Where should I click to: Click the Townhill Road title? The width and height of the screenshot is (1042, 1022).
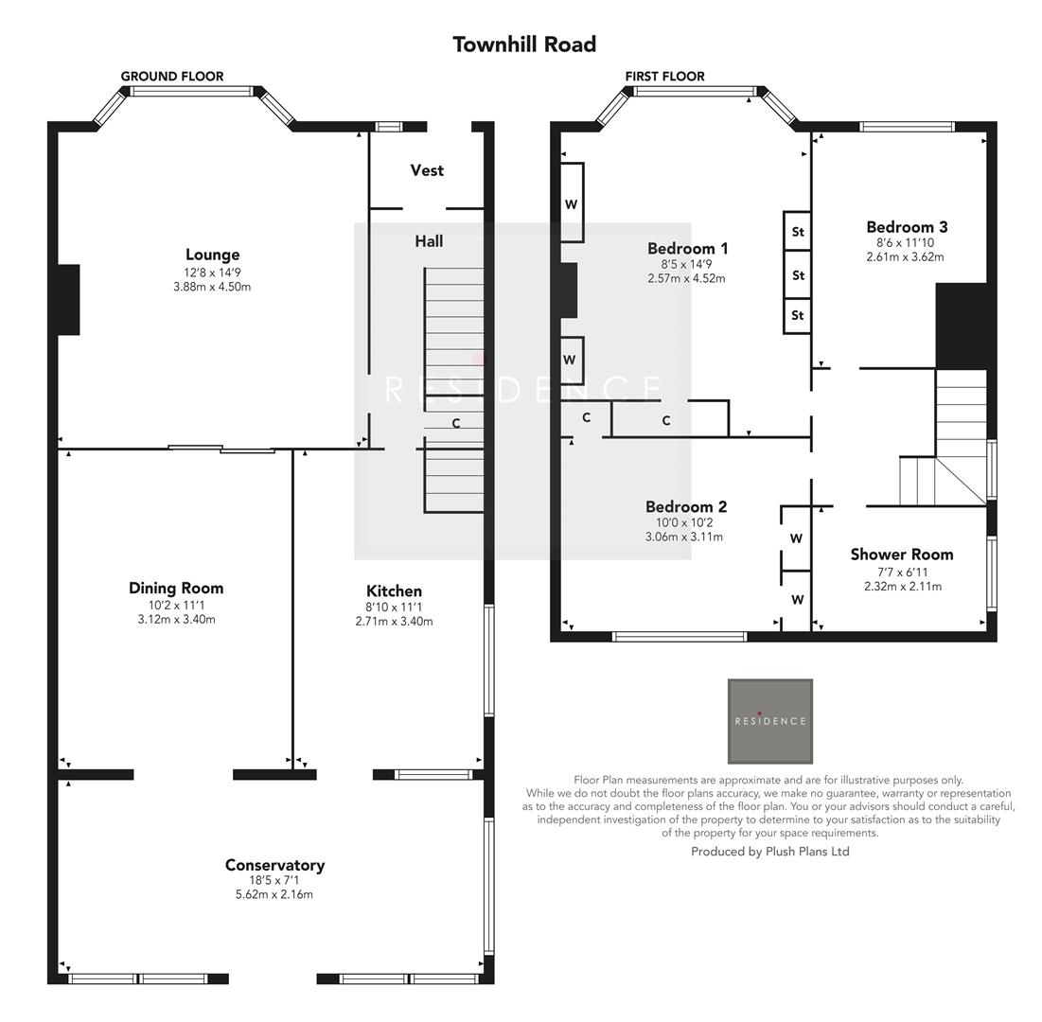tap(523, 44)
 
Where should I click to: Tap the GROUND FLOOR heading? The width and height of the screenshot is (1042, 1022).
tap(172, 77)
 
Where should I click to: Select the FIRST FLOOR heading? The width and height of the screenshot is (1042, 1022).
tap(664, 77)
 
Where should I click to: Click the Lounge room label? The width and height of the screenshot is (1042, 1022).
tap(212, 255)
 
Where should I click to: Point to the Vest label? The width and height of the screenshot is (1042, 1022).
tap(427, 170)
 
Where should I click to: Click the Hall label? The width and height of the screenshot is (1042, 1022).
tap(429, 241)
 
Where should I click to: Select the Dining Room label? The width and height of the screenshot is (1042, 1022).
tap(176, 588)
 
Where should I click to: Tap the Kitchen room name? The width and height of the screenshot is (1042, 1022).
tap(394, 590)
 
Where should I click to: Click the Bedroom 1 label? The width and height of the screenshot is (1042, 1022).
tap(687, 249)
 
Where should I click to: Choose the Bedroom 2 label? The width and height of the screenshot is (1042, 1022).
tap(686, 507)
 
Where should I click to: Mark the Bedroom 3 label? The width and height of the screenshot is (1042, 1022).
tap(907, 227)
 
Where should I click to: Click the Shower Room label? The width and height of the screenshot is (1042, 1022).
tap(902, 555)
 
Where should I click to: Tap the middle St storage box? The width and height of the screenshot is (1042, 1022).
tap(798, 275)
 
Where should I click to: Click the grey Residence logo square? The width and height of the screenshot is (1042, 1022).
tap(769, 721)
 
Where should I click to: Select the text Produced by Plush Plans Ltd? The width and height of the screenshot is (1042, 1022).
tap(769, 852)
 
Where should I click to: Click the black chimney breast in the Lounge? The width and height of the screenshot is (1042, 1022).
tap(68, 299)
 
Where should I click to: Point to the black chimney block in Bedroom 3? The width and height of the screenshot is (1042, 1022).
tap(962, 326)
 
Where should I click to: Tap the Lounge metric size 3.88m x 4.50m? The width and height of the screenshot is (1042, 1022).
tap(212, 287)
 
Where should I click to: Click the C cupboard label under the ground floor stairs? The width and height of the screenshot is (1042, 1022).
tap(455, 424)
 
